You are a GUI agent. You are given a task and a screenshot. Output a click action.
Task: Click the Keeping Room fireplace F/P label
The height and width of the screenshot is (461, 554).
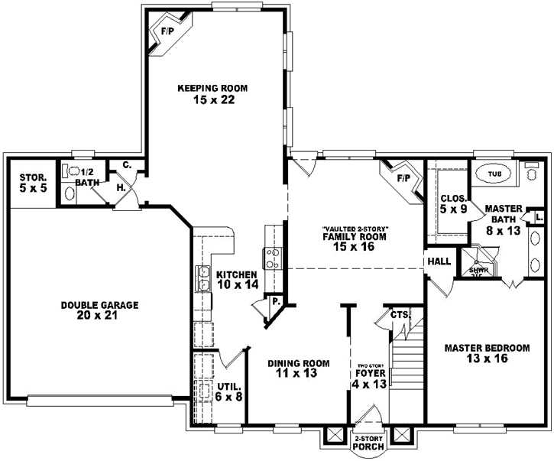[x=166, y=32]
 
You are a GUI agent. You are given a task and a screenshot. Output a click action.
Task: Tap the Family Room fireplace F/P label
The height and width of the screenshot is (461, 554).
[x=403, y=179]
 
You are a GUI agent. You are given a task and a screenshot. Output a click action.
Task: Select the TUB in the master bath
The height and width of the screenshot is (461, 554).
[x=496, y=174]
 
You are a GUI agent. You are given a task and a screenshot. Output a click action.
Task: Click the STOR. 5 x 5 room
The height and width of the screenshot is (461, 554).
[x=33, y=183]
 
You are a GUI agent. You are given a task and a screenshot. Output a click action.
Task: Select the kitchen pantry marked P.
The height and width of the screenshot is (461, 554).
[x=274, y=303]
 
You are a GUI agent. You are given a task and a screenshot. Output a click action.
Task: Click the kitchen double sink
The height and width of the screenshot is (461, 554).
[x=205, y=279]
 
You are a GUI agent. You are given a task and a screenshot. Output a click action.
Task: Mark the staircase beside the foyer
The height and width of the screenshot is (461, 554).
[x=407, y=359]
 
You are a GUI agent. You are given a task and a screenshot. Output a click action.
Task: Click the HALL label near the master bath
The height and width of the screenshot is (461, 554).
[x=440, y=261]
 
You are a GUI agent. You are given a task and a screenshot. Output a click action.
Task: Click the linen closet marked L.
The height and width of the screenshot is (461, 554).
[x=539, y=218]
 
